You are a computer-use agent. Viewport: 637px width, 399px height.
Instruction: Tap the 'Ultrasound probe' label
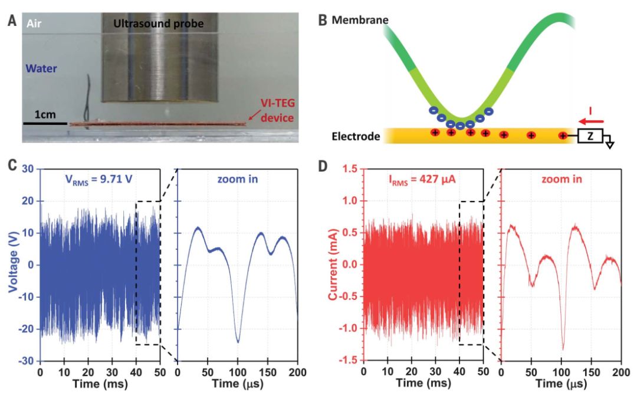(154, 24)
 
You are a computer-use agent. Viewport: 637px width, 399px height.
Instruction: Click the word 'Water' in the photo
(42, 68)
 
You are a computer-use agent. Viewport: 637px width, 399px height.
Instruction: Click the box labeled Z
(590, 136)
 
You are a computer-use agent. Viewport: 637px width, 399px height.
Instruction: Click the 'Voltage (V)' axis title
(13, 264)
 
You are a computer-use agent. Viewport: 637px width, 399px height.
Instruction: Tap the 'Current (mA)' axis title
(336, 264)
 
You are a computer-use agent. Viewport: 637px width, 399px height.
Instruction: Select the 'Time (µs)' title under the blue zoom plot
(238, 384)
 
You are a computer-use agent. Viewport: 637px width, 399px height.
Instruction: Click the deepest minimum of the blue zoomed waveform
(238, 342)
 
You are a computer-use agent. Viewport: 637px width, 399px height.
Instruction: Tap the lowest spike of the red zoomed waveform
(563, 349)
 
